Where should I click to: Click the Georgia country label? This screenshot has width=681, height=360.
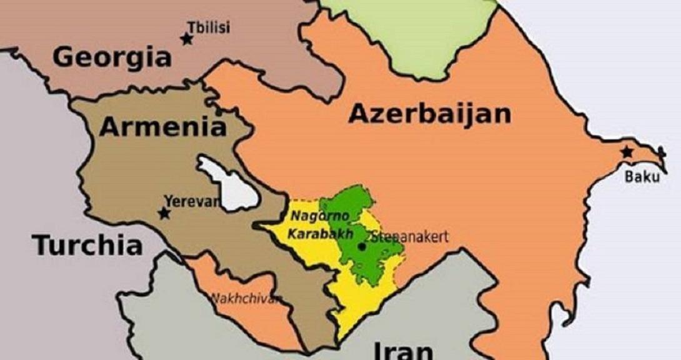pyautogui.click(x=112, y=57)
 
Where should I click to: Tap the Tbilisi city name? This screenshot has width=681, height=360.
pyautogui.click(x=209, y=27)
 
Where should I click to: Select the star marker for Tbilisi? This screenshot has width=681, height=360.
pyautogui.click(x=186, y=39)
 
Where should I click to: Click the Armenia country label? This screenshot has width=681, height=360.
pyautogui.click(x=162, y=127)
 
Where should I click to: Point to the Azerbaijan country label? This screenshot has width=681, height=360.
pyautogui.click(x=430, y=114)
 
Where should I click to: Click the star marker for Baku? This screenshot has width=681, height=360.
pyautogui.click(x=627, y=152)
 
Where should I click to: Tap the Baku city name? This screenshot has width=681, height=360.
pyautogui.click(x=642, y=177)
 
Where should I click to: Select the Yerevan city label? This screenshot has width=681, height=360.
pyautogui.click(x=192, y=201)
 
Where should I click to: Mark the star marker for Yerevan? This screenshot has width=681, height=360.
pyautogui.click(x=164, y=214)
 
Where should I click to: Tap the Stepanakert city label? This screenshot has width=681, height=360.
pyautogui.click(x=410, y=237)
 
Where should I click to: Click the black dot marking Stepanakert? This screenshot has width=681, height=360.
pyautogui.click(x=362, y=247)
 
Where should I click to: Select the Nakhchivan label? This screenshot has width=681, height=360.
pyautogui.click(x=245, y=298)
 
